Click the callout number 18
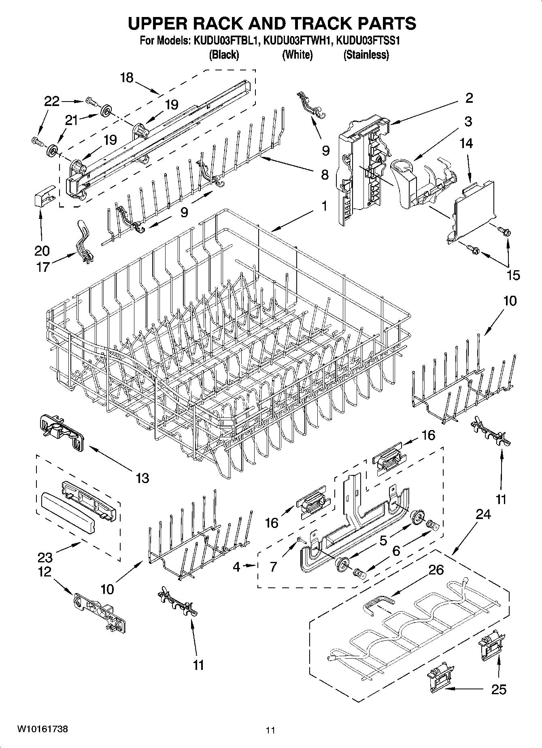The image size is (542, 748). [x=127, y=78]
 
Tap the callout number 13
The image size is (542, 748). [x=142, y=478]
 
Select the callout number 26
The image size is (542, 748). [x=436, y=570]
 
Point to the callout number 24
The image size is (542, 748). [x=483, y=514]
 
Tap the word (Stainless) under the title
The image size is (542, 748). [x=366, y=55]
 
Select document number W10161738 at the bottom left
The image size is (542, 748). [x=42, y=729]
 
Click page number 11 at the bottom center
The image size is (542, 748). [x=270, y=730]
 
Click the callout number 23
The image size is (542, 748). [x=45, y=557]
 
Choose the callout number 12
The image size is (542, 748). [x=45, y=572]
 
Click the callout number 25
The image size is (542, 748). [x=498, y=689]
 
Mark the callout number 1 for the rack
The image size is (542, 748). [x=324, y=206]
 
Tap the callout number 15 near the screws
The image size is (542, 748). [x=513, y=275]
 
